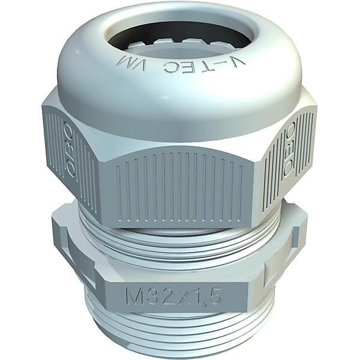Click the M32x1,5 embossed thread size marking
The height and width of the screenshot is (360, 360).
click(x=173, y=296)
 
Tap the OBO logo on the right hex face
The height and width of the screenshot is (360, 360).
click(x=290, y=151)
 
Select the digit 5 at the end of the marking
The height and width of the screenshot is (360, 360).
click(x=215, y=296)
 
